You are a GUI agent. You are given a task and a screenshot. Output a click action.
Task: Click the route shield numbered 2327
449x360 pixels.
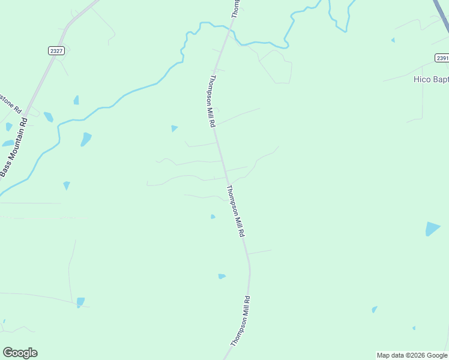click(x=56, y=52)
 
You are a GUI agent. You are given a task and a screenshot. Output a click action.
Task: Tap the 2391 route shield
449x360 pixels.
click(x=442, y=58)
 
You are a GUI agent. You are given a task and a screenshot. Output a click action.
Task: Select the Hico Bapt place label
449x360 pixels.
click(x=431, y=79)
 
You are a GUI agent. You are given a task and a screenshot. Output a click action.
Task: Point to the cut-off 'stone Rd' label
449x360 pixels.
click(x=10, y=103)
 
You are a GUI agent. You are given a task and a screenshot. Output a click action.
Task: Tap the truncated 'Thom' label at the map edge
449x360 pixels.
click(x=236, y=8)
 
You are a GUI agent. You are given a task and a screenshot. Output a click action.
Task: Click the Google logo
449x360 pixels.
click(x=20, y=353)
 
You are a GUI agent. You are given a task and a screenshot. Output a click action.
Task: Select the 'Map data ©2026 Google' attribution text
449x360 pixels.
click(x=412, y=355)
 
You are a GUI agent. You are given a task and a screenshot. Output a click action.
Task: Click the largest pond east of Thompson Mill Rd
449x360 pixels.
click(x=432, y=229)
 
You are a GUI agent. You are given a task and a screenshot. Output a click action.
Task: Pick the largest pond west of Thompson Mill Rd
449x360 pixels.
click(x=86, y=139)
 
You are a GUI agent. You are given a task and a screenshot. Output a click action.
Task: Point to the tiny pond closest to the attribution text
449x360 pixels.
click(x=414, y=328)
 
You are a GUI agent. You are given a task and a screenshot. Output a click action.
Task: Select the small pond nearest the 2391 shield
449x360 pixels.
click(x=393, y=40)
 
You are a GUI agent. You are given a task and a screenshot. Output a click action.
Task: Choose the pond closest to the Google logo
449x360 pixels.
click(x=80, y=302)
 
